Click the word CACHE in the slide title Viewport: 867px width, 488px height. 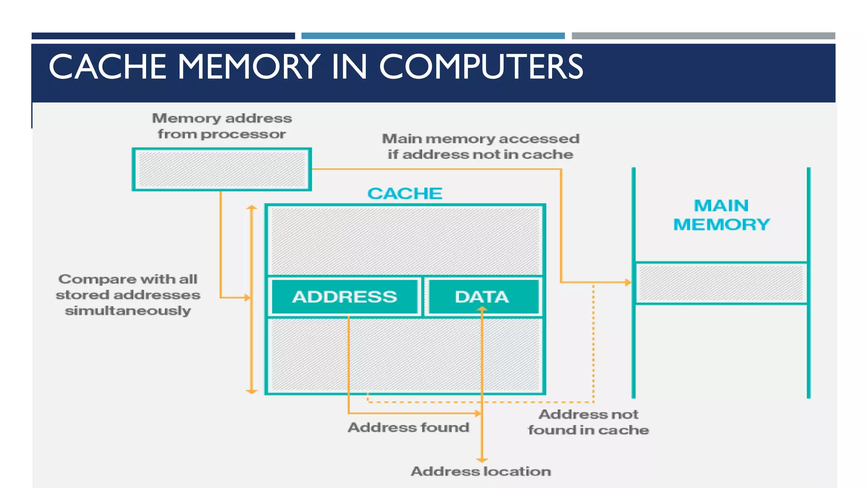[x=108, y=67]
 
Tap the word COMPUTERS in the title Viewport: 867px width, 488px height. [x=481, y=67]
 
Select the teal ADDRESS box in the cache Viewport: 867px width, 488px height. [x=345, y=297]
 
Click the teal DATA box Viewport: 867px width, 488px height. [x=482, y=297]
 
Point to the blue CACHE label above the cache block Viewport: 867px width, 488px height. [x=405, y=194]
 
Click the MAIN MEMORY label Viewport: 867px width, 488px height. [x=721, y=215]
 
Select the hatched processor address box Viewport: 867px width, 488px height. [x=222, y=169]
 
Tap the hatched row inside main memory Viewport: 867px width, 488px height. [x=721, y=283]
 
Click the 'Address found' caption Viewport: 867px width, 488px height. [x=409, y=427]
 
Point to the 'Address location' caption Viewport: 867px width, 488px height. [x=481, y=471]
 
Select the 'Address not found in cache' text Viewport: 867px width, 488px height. [x=588, y=422]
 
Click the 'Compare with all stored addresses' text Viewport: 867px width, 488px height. [x=128, y=295]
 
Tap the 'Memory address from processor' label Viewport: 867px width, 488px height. [x=222, y=126]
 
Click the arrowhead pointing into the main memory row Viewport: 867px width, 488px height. [x=628, y=282]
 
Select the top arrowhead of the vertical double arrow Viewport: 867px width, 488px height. [x=252, y=207]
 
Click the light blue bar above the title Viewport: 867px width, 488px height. [x=433, y=36]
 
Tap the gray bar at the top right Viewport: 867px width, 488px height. [x=703, y=36]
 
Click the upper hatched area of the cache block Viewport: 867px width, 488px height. [x=406, y=241]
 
